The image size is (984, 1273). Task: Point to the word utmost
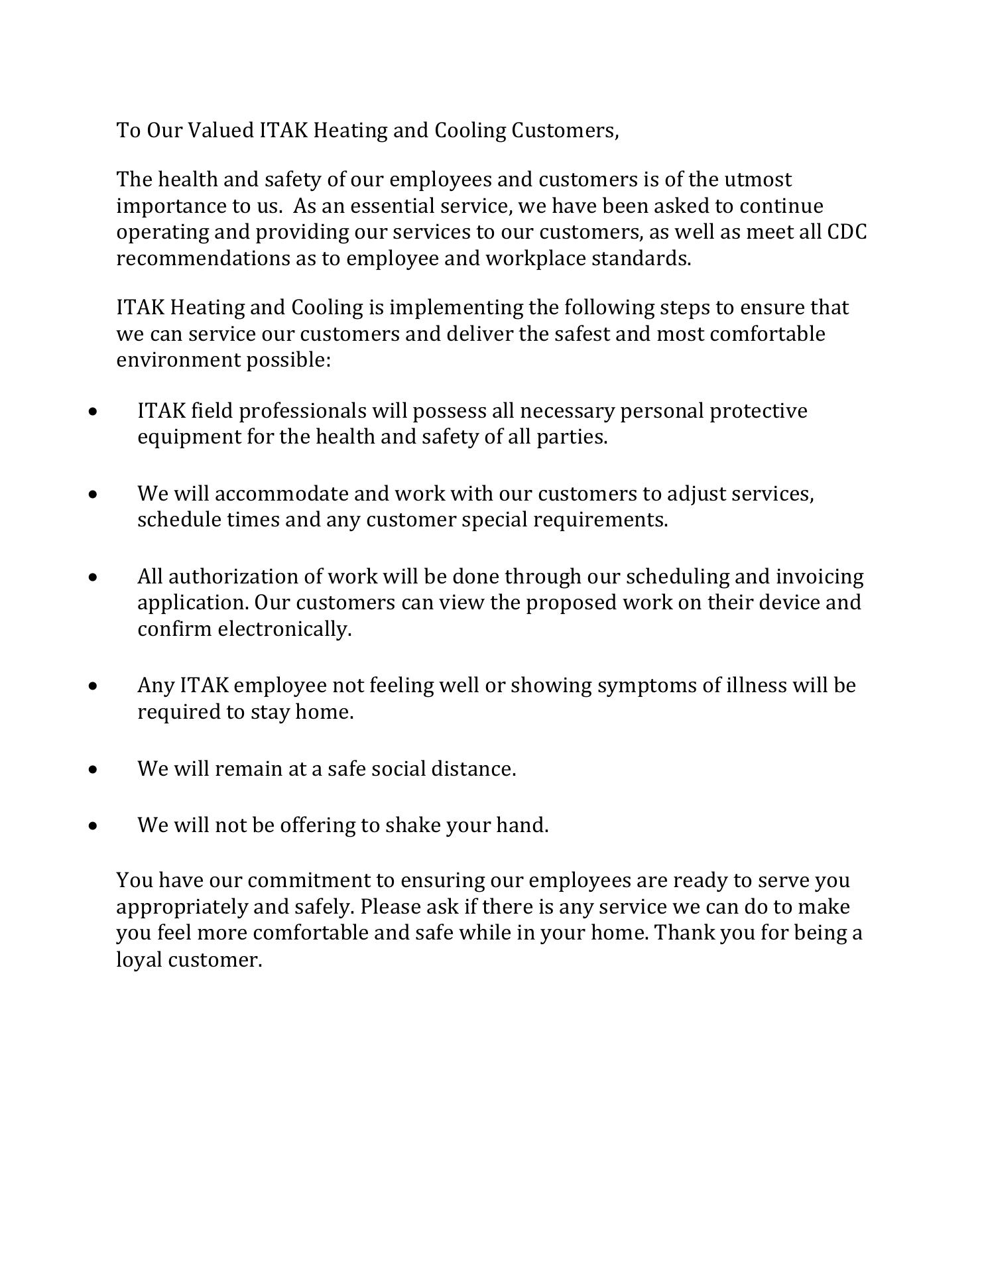pyautogui.click(x=757, y=180)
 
